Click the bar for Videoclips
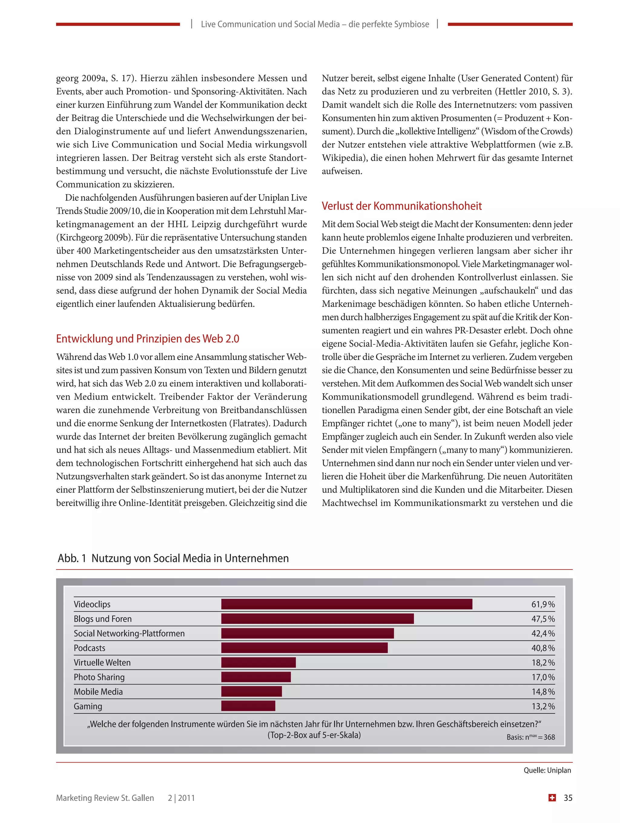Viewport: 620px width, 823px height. (346, 604)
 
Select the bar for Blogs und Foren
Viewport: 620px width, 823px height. (317, 618)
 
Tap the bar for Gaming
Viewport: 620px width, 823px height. (248, 706)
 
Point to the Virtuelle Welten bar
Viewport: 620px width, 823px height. (258, 662)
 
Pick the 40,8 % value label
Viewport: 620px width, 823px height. (542, 648)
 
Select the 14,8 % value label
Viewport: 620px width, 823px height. (542, 692)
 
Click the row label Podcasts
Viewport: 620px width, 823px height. (89, 648)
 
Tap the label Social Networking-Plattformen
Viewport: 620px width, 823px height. (129, 633)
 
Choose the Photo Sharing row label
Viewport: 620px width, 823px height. (99, 677)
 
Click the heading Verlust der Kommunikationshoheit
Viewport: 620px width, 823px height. (401, 206)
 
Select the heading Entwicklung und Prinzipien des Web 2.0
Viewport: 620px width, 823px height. (147, 338)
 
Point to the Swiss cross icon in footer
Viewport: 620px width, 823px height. (552, 798)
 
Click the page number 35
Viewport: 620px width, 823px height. (568, 798)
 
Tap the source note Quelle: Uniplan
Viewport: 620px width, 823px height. (547, 770)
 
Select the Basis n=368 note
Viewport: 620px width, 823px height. (530, 737)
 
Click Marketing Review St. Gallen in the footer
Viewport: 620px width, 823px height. (105, 798)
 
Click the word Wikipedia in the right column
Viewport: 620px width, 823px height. (342, 158)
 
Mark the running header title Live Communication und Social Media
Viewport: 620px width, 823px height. (315, 24)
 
